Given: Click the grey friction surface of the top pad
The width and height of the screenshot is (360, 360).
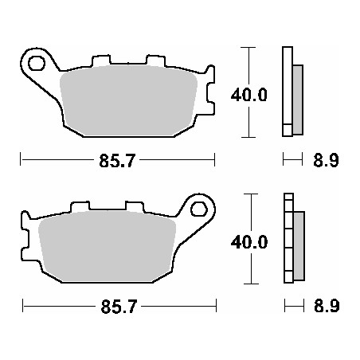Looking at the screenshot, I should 127,100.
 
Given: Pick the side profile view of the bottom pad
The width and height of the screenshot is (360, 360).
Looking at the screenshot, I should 292,239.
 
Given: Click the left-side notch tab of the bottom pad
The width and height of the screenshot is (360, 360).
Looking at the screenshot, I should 25,243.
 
